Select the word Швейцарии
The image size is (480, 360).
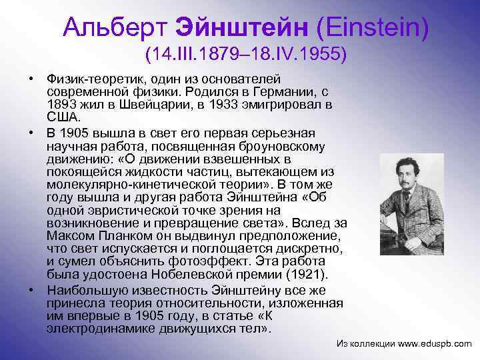pos(165,105)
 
